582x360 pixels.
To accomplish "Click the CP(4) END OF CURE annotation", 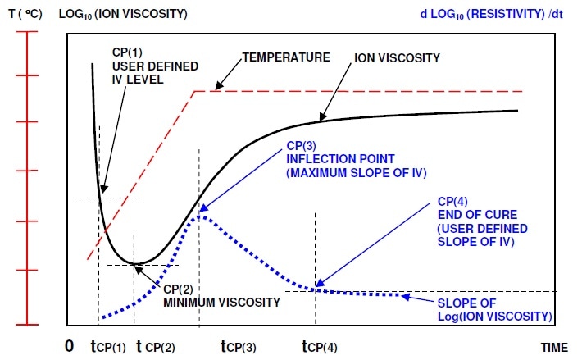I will tap(483, 224).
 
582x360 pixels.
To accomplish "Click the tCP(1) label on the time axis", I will tap(107, 346).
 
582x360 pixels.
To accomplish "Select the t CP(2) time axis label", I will tap(166, 346).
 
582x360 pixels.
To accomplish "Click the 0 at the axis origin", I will tap(70, 345).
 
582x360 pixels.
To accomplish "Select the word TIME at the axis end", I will tap(553, 347).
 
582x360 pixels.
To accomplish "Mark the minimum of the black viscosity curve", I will tap(137, 263).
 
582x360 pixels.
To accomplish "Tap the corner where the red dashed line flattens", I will tap(194, 91).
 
